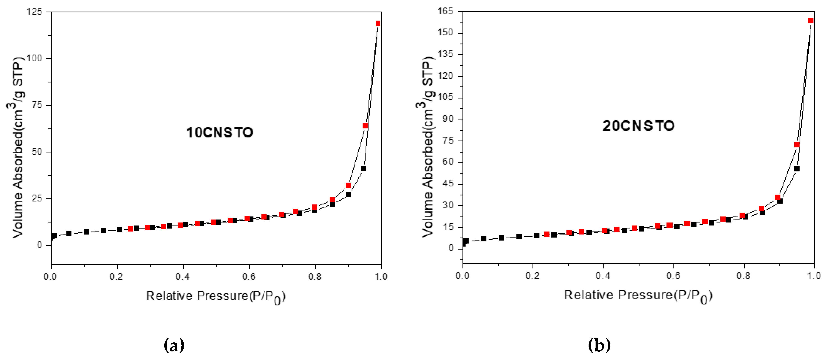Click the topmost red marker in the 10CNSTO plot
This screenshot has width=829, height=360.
(x=378, y=23)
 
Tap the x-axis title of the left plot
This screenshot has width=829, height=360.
(x=216, y=296)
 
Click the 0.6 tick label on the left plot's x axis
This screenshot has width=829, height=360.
(x=249, y=277)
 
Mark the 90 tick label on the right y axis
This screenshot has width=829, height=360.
(x=448, y=119)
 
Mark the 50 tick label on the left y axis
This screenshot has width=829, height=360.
(x=37, y=152)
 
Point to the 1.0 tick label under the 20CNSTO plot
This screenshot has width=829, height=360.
(x=814, y=276)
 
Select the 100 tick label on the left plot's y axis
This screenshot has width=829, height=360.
(x=34, y=59)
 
